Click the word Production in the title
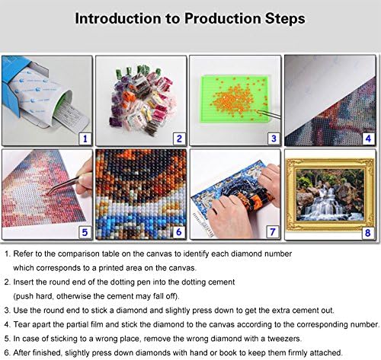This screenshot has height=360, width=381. (x=223, y=18)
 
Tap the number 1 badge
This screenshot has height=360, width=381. (x=85, y=139)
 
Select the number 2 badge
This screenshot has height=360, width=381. (x=179, y=139)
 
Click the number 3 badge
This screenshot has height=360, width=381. (x=274, y=139)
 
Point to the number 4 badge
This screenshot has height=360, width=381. (x=368, y=139)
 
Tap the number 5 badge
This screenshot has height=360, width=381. (x=85, y=232)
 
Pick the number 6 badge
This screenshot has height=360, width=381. (x=179, y=232)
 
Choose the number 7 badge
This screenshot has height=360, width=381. (x=273, y=232)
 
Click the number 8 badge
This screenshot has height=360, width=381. (x=367, y=233)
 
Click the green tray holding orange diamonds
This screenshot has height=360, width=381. (x=234, y=99)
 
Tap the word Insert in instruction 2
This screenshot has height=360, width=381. (x=23, y=282)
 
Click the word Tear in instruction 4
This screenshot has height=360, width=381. (x=21, y=324)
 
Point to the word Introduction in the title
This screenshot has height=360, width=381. (x=118, y=18)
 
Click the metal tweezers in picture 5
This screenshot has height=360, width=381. (x=67, y=183)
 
